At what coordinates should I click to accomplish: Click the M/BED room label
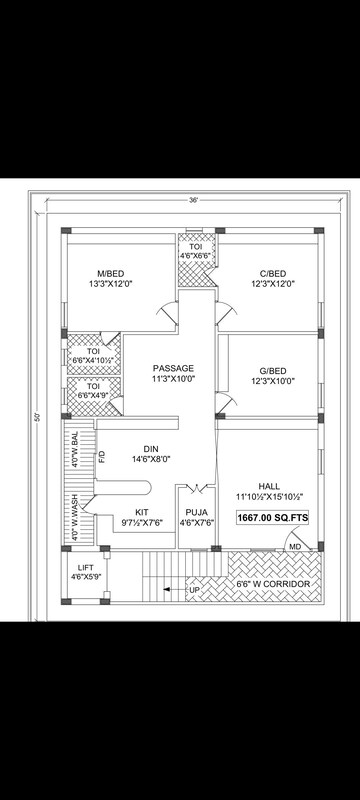click(111, 273)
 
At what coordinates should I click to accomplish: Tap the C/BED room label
click(272, 273)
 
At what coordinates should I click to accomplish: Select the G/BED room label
click(272, 370)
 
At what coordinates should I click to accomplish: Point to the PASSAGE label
click(173, 368)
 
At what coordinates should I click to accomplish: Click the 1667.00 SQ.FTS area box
click(273, 517)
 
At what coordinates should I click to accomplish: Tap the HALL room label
click(269, 486)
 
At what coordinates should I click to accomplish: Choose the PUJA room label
click(196, 512)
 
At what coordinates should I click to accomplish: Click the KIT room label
click(142, 512)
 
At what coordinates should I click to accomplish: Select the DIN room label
click(151, 448)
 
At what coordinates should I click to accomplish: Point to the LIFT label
click(86, 567)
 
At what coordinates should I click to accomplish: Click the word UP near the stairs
click(194, 590)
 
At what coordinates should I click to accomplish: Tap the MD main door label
click(295, 546)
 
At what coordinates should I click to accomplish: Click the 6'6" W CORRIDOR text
click(273, 584)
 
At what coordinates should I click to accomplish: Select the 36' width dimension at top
click(193, 201)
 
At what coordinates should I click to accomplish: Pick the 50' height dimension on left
click(37, 417)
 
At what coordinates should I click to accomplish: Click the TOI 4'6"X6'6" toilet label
click(196, 251)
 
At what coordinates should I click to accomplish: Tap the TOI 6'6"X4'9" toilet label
click(94, 390)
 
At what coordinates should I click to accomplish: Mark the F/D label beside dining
click(102, 457)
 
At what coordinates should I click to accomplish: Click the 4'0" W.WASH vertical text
click(74, 517)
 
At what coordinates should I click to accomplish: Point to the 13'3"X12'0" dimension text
click(111, 283)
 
